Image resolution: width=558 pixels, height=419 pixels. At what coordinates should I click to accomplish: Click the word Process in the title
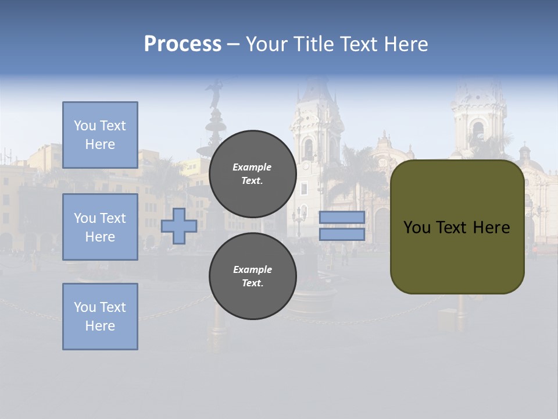coord(183,44)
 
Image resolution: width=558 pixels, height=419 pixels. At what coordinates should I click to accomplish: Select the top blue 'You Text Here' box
coord(100,135)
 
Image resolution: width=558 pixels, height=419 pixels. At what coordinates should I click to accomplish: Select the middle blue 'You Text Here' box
coord(100,227)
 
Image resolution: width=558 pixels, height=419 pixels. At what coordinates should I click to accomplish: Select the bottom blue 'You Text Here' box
coord(100,317)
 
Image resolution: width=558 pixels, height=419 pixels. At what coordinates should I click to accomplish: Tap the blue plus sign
coord(179,226)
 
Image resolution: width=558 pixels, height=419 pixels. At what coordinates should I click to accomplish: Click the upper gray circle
coord(253,174)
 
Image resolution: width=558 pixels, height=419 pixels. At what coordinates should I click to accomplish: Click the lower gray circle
coord(253,276)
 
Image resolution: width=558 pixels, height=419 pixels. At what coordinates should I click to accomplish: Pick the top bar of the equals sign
coord(342,217)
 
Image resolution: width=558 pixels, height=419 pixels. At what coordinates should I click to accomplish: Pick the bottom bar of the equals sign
coord(342,235)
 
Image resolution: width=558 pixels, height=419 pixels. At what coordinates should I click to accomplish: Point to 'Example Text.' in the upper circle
coord(252,174)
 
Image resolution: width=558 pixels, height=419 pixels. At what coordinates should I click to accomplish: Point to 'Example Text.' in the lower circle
coord(252,276)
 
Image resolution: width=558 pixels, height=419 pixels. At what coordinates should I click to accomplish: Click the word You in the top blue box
coord(84,126)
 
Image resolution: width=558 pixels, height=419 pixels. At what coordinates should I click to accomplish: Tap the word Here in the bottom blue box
coord(100,326)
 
